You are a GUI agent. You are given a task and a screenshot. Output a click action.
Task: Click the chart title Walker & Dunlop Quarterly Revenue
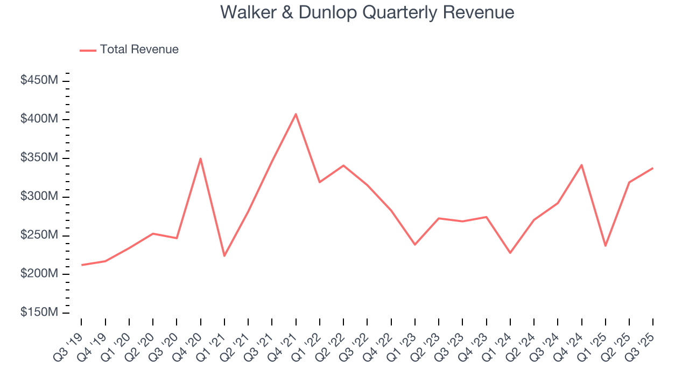coord(367,12)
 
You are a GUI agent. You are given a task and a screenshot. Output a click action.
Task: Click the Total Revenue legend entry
coord(129,50)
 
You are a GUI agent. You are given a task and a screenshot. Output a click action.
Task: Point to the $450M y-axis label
coord(39,80)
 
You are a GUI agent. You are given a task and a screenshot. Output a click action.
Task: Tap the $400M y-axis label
coord(39,119)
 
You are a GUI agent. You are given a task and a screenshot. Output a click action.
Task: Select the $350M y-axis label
coord(39,158)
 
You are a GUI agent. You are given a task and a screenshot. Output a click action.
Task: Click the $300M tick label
coord(39,197)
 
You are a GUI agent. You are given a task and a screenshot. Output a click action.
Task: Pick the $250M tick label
coord(39,235)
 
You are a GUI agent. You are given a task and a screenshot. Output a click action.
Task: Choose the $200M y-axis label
coord(39,274)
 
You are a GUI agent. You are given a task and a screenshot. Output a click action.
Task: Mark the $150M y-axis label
coord(39,313)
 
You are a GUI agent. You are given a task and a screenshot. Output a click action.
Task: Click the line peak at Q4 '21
coord(296,114)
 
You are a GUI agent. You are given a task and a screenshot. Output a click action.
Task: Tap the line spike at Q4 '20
coord(200,158)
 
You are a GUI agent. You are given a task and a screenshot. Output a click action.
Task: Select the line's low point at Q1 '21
coord(224,256)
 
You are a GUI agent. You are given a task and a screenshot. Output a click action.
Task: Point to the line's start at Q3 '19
coord(82,265)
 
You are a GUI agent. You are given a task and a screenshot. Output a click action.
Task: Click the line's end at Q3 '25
coord(653,168)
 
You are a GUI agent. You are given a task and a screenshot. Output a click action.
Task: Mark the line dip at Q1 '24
coord(510,253)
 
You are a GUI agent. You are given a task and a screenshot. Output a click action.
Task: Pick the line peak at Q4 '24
coord(581,165)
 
